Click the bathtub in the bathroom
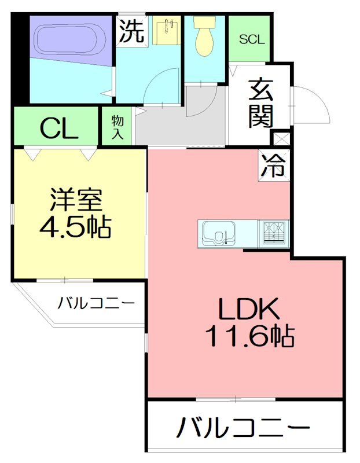pos(68,41)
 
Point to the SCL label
pos(252,39)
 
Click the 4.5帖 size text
pos(76,227)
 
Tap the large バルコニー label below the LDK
pos(243,430)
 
